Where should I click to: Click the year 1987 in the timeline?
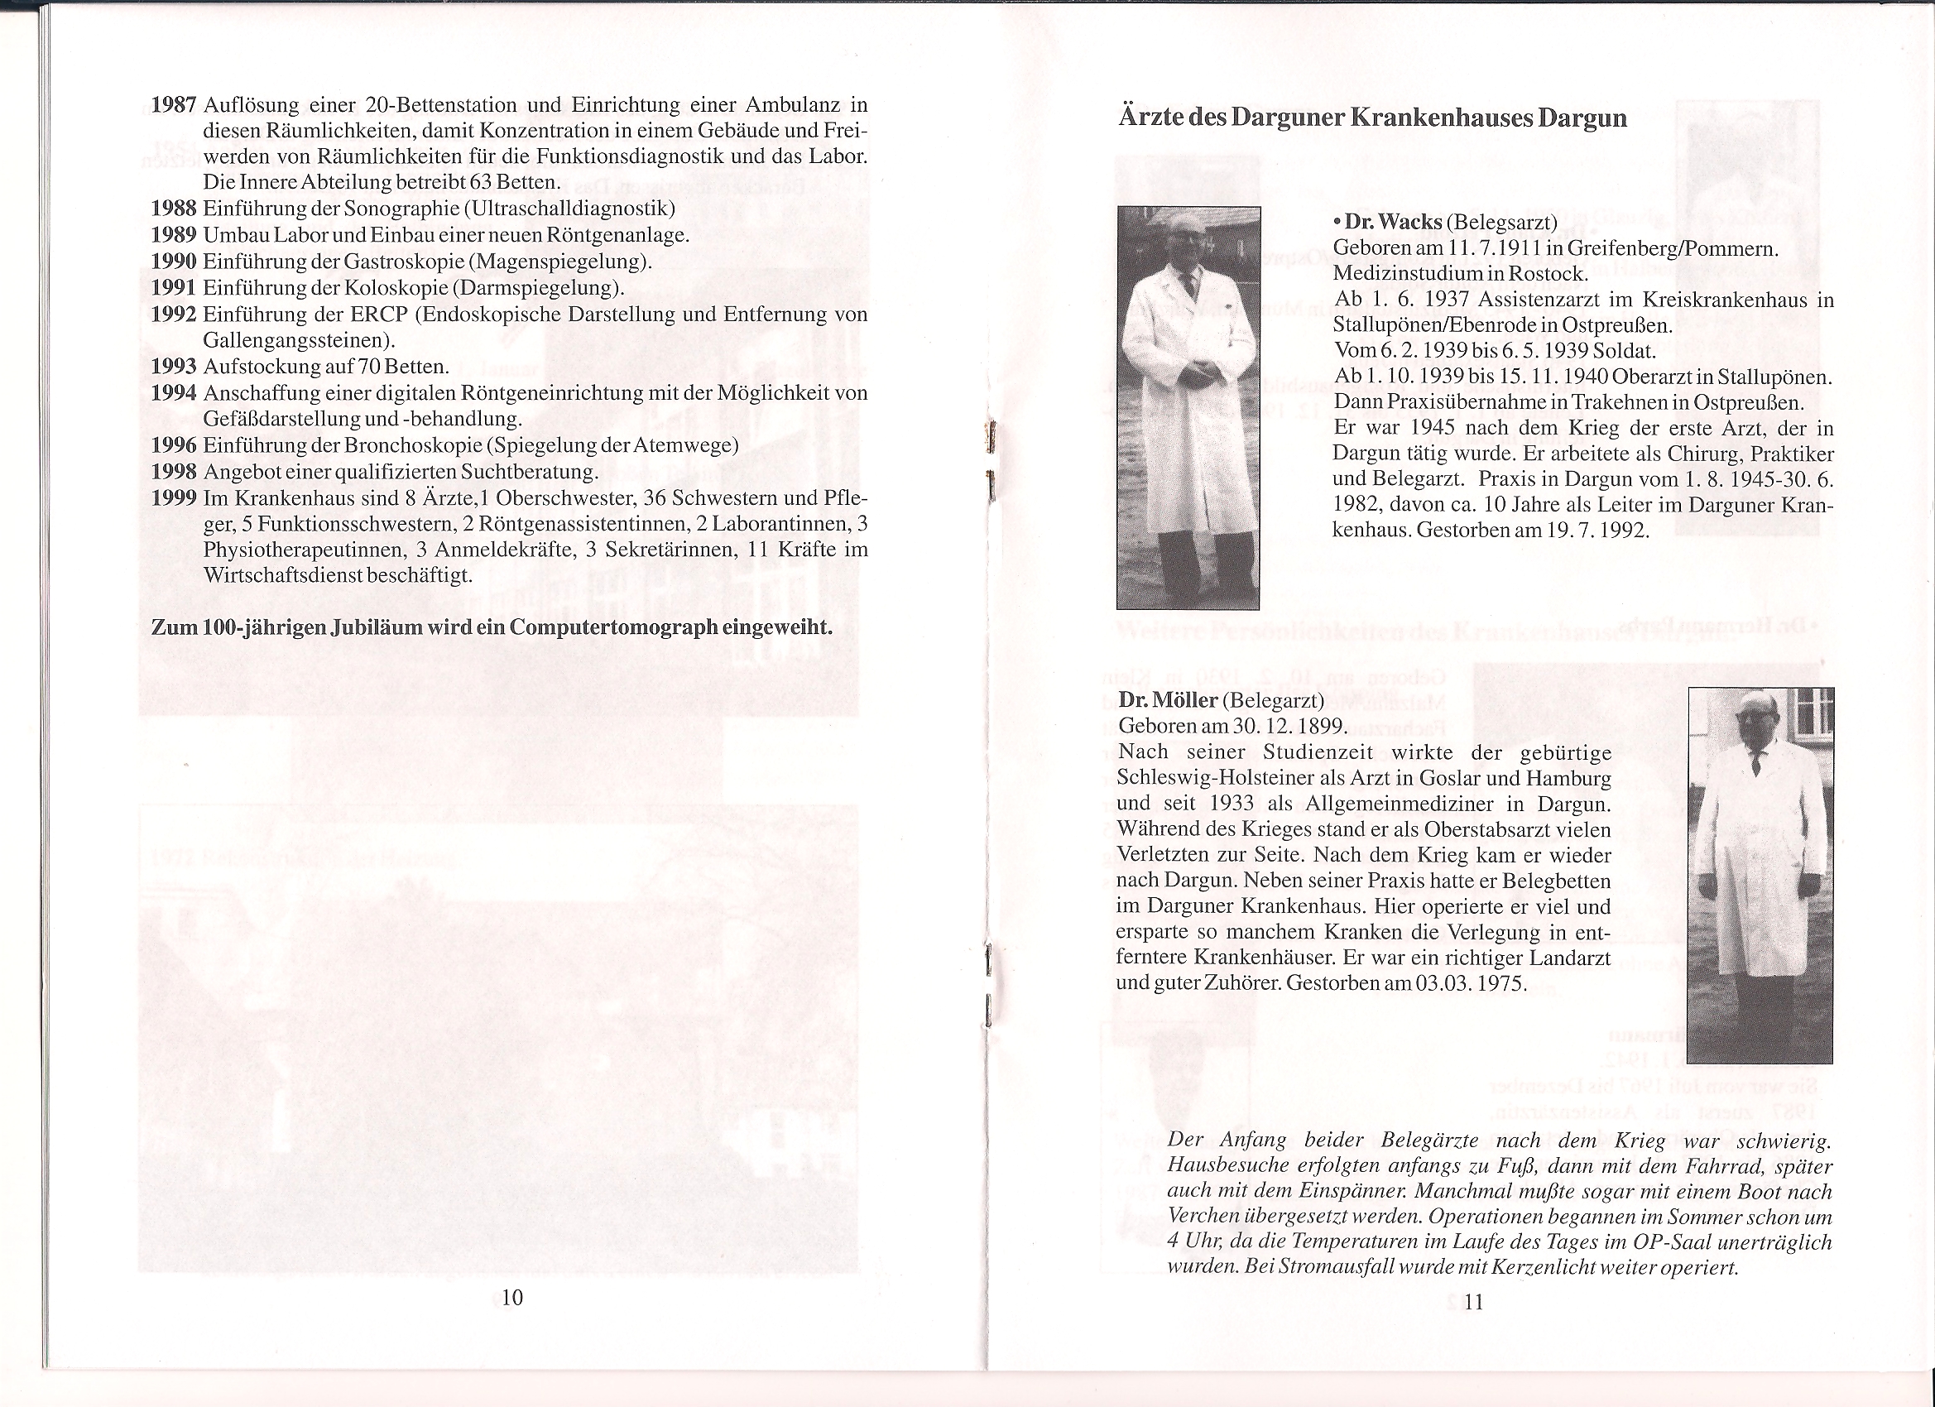[174, 106]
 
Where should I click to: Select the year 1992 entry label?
[174, 315]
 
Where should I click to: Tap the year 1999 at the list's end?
[174, 498]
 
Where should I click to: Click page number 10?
[512, 1299]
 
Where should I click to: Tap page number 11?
[1473, 1303]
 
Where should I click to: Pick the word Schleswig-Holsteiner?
[1210, 779]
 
